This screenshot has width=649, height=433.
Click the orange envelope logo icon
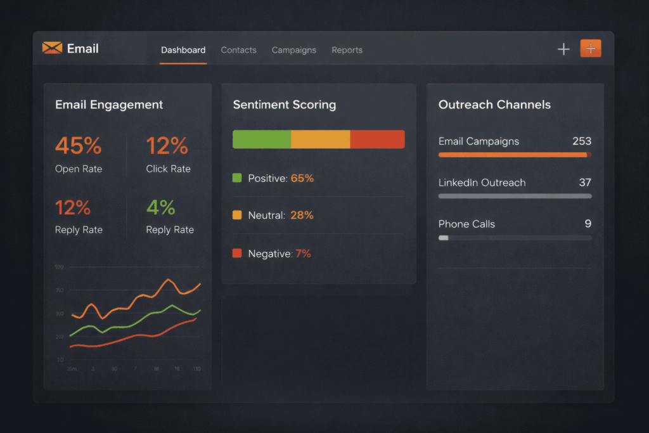coord(52,48)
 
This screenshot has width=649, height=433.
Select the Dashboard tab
coord(183,50)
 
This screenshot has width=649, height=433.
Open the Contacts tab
coord(238,50)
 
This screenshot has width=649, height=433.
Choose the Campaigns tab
coord(293,50)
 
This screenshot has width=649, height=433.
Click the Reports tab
coord(347,50)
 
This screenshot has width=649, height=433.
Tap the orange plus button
coord(590,49)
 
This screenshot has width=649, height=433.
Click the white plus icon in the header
coord(563,49)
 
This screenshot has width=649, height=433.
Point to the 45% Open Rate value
coord(78,146)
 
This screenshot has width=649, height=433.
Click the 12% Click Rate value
coord(167,146)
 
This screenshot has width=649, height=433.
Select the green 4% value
coord(160,207)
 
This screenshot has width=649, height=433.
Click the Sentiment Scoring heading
coord(284,105)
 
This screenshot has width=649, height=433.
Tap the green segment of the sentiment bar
coord(262,139)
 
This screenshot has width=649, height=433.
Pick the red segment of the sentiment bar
coord(377,139)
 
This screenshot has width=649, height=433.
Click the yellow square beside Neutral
coord(238,216)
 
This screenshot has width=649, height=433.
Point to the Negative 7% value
coord(303,254)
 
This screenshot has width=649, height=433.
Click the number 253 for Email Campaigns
coord(581,141)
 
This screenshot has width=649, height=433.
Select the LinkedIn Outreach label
coord(482,183)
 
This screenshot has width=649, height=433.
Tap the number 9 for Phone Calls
coord(588,224)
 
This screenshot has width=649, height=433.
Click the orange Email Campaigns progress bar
coord(513,155)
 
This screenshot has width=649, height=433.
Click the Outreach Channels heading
coord(494,105)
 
